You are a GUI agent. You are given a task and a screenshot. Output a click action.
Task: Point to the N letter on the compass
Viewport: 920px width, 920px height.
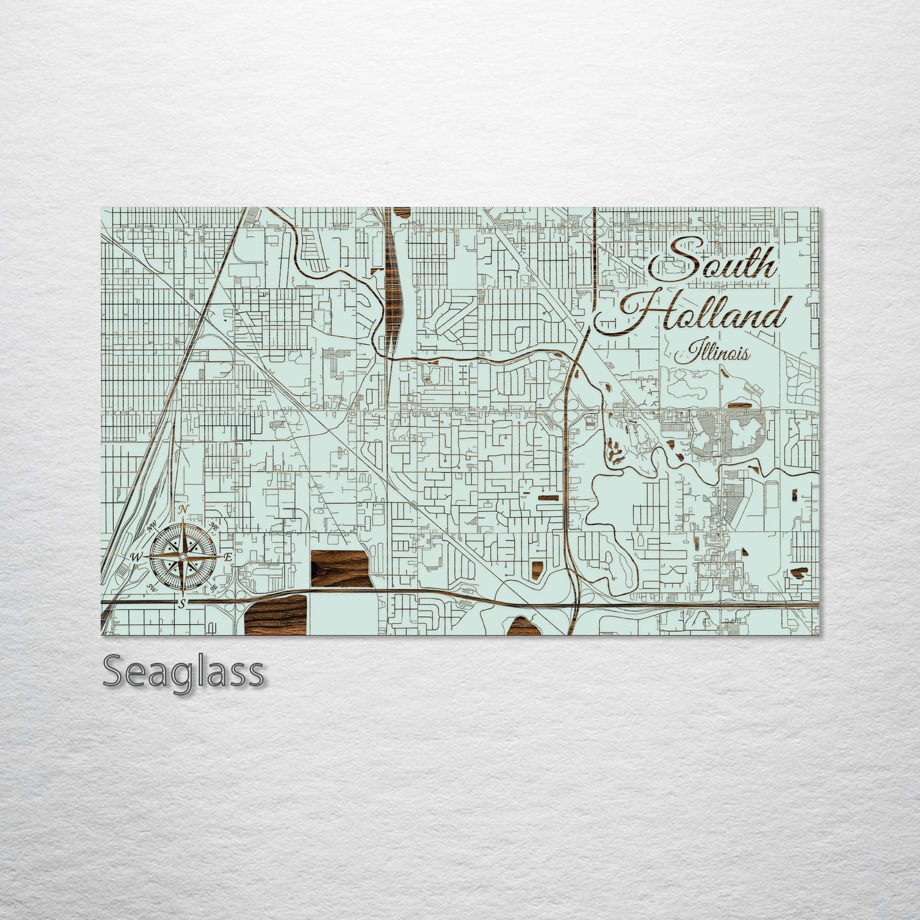pos(183,509)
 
